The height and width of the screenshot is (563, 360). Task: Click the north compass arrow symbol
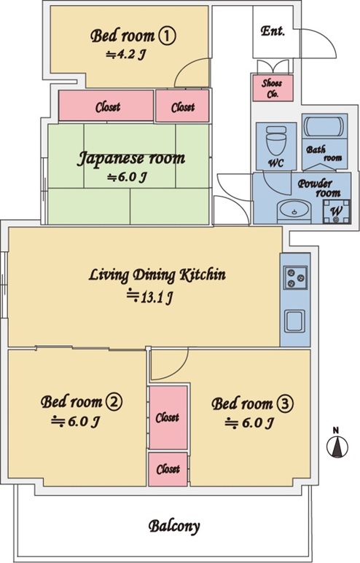337,447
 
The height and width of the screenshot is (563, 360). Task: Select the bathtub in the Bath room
324,127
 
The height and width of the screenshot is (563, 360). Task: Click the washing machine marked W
336,211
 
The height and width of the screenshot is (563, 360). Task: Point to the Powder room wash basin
294,210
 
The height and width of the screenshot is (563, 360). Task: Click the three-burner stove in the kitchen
295,277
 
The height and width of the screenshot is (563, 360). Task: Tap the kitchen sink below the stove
294,321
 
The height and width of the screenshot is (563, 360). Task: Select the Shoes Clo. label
272,89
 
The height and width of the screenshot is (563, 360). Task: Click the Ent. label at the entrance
273,31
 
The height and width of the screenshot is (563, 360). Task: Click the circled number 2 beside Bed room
114,402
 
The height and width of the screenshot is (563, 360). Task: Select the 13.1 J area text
150,297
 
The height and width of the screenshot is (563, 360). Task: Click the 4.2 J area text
126,55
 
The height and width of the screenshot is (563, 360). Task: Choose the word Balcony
174,527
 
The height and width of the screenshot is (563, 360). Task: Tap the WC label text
276,163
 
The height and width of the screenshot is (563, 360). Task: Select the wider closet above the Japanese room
106,106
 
